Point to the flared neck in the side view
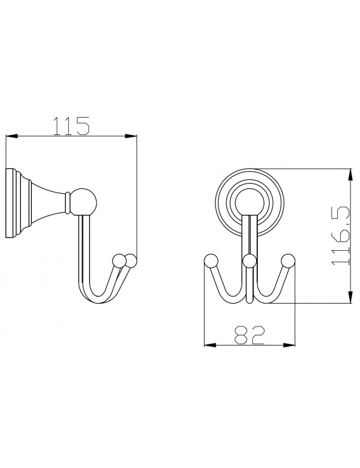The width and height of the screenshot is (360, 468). point(48,201)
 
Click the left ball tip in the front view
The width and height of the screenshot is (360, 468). point(210,260)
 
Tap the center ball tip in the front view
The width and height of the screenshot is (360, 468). point(250,260)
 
